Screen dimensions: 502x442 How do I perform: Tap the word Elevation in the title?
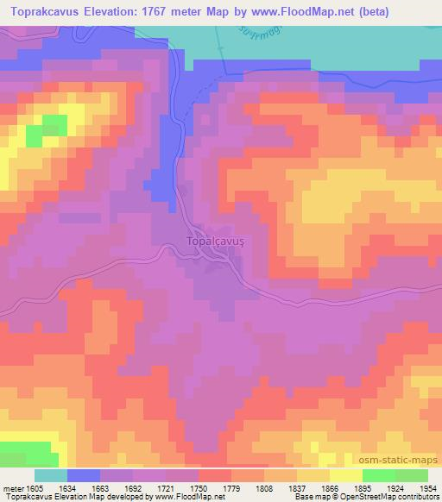117,13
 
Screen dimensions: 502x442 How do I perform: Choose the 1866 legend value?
317,488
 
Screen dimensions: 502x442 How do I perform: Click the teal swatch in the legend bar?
51,475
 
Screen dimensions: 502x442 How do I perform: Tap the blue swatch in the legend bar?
84,475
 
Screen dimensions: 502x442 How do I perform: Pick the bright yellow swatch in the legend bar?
346,475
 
